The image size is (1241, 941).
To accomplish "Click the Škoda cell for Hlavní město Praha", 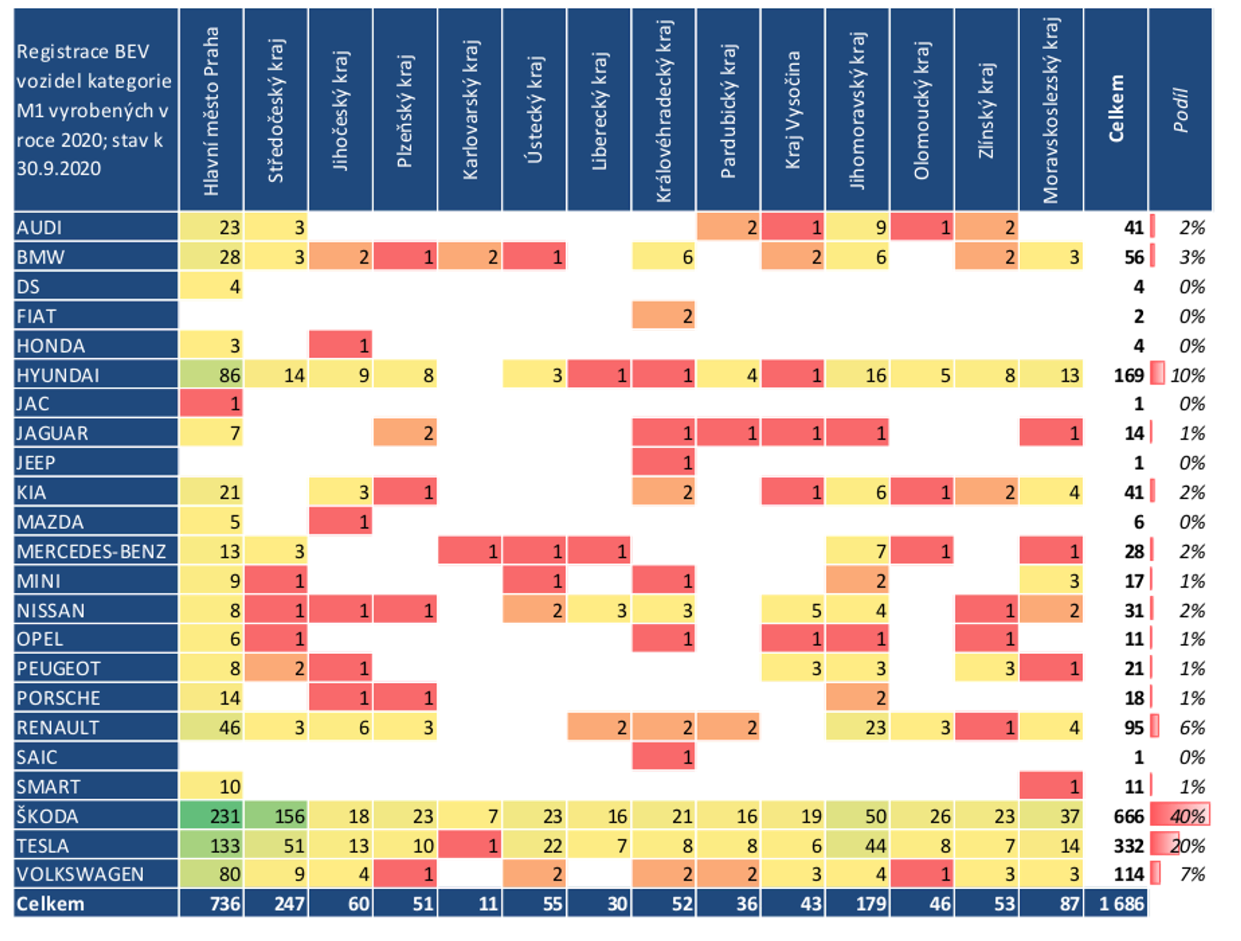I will [x=211, y=816].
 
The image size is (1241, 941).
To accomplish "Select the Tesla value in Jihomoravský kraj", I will [x=857, y=846].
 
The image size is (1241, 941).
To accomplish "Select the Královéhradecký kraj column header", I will [x=664, y=110].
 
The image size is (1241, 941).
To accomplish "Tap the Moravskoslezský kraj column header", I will [x=1051, y=110].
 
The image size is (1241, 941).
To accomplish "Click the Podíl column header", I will [x=1181, y=110].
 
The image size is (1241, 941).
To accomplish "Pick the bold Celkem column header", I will [x=1115, y=110].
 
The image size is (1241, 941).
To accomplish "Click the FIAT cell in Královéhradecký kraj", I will [x=664, y=316].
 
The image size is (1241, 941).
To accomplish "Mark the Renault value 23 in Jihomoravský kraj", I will [x=857, y=727].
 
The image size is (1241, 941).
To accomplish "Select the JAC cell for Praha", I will [x=211, y=404].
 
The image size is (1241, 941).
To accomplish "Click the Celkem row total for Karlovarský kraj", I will [x=470, y=904].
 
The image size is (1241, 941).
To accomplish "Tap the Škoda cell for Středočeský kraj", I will [x=276, y=816].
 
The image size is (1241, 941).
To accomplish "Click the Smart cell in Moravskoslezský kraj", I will [x=1051, y=786].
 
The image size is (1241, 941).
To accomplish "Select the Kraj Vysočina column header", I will [x=793, y=110].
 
